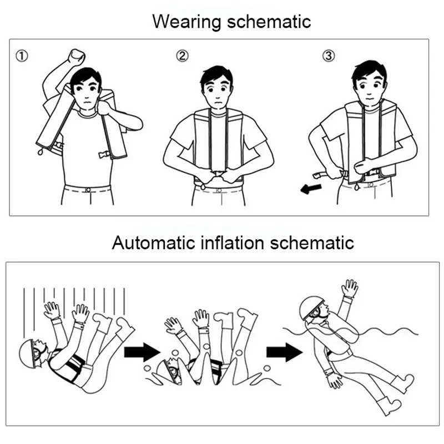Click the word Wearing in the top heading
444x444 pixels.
pos(186,22)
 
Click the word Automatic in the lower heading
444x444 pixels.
pos(154,243)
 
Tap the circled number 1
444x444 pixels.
pos(22,56)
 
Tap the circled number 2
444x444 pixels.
pos(182,56)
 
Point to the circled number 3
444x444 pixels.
pos(329,56)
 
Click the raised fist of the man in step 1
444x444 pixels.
pos(77,57)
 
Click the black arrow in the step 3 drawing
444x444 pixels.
pos(311,189)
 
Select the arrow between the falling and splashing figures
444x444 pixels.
pos(142,352)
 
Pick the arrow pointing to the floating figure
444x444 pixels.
pos(285,352)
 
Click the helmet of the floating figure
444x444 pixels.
pos(311,308)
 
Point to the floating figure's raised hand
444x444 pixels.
pos(350,288)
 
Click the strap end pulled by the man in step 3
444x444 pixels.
pos(319,175)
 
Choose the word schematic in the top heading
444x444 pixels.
pos(269,22)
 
